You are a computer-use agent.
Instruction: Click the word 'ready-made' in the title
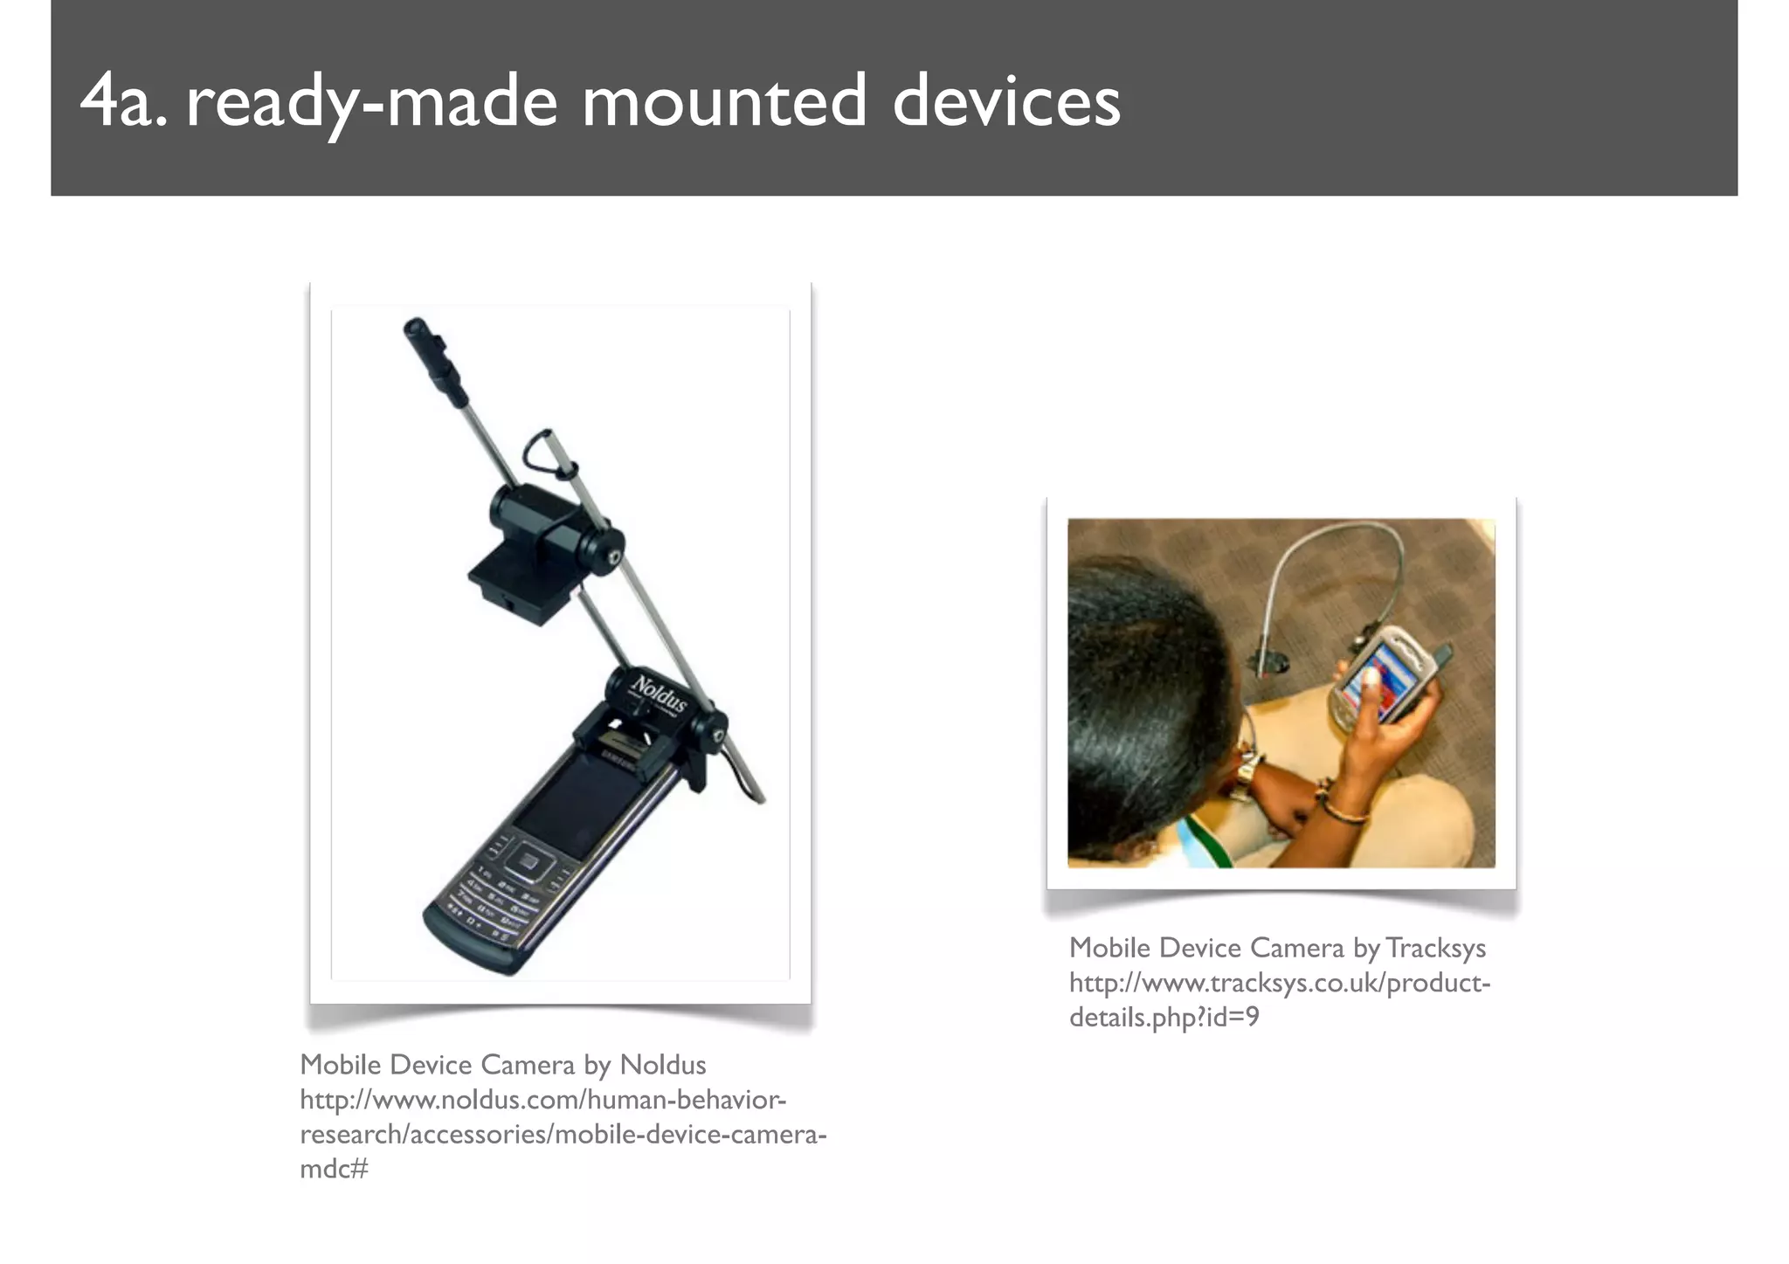pos(371,103)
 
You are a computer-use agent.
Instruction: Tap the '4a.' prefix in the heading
pos(122,103)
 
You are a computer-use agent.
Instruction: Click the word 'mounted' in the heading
pos(724,103)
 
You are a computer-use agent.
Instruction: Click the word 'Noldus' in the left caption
pos(662,1065)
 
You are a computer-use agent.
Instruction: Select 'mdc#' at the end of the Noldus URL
pos(334,1169)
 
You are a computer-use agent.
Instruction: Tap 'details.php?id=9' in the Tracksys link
pos(1164,1018)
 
